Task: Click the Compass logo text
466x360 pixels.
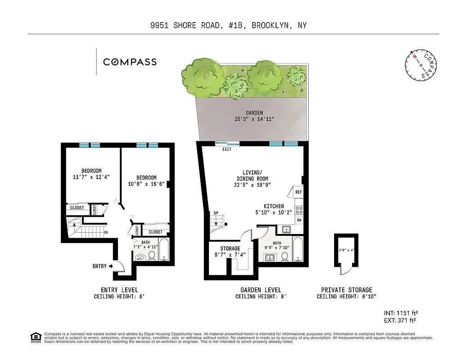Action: [x=130, y=62]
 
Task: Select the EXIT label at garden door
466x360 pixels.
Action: [x=227, y=149]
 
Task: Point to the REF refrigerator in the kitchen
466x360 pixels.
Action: [x=298, y=192]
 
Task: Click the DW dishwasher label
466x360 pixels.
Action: [x=299, y=220]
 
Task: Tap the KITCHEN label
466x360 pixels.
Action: [x=274, y=207]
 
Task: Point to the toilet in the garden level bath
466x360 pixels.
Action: [x=285, y=257]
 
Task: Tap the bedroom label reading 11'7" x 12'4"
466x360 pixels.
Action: [x=91, y=174]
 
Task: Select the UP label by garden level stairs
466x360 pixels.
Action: [x=216, y=213]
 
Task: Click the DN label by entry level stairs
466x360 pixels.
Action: [x=106, y=233]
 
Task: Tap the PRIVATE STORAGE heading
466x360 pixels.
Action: [x=346, y=290]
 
